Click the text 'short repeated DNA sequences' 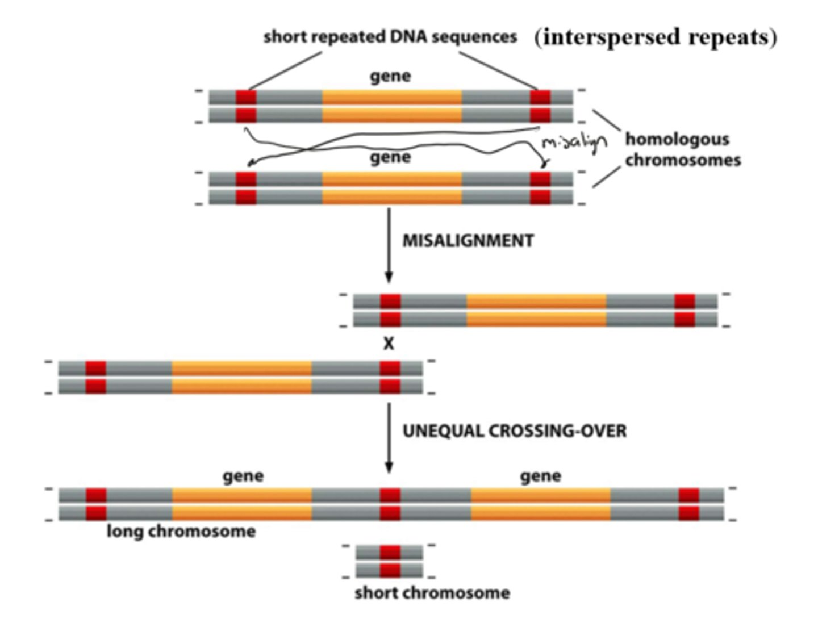[x=390, y=37]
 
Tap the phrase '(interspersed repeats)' [x=656, y=37]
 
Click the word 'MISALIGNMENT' [x=468, y=241]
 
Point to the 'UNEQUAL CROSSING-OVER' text [x=515, y=431]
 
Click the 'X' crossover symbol [x=389, y=344]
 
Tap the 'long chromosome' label [x=181, y=532]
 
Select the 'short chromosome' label [x=432, y=593]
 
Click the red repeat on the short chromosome [x=390, y=561]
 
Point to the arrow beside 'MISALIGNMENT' [x=389, y=245]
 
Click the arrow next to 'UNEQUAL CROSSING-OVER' [x=389, y=437]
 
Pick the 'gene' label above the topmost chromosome [x=390, y=76]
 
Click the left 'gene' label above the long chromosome [x=243, y=476]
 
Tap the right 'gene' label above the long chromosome [x=540, y=476]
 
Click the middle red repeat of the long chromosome [x=390, y=504]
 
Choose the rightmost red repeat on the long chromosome [x=688, y=504]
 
